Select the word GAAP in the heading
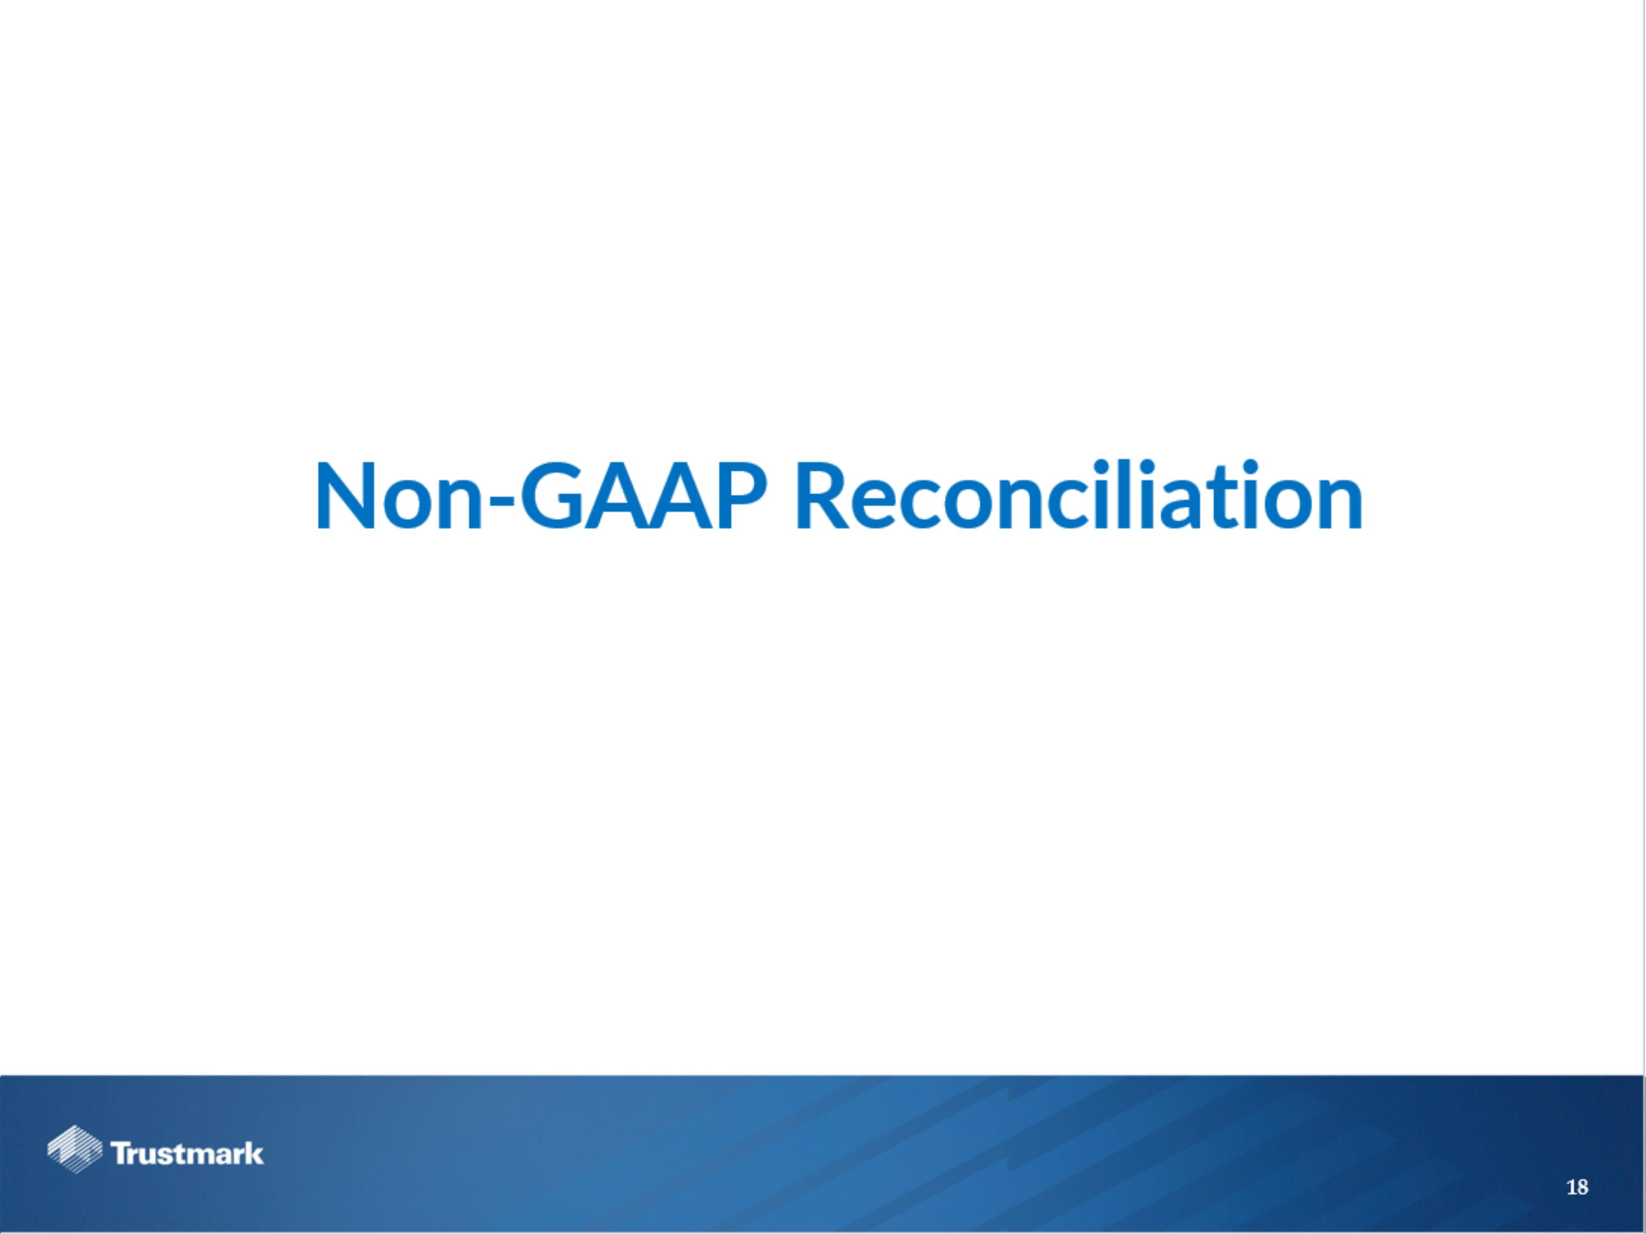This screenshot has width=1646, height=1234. pyautogui.click(x=642, y=496)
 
